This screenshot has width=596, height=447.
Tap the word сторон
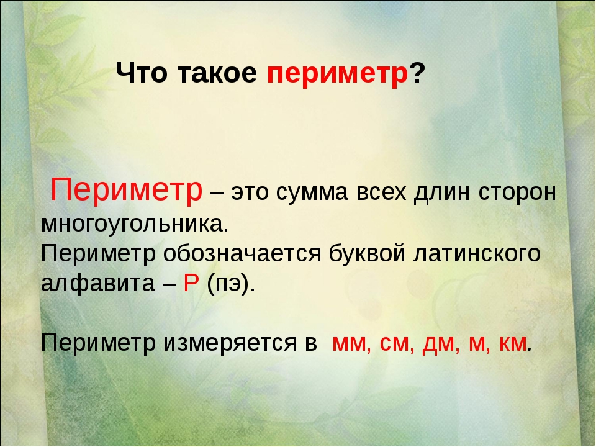[x=517, y=192]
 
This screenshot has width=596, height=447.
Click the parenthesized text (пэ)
[x=231, y=284]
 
